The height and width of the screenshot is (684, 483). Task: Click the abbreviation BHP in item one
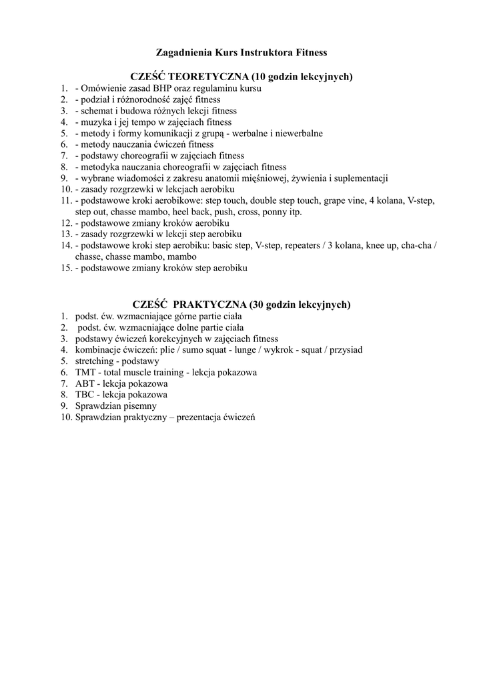(163, 88)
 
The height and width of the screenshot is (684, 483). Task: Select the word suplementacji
(356, 178)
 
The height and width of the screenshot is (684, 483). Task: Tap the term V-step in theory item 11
(421, 201)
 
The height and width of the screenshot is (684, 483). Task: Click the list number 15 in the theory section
(65, 269)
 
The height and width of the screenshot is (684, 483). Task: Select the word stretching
(95, 361)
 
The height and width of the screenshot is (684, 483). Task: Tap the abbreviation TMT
(86, 372)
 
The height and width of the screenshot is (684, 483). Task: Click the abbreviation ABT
(85, 383)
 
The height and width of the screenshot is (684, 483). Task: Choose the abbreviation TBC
(85, 395)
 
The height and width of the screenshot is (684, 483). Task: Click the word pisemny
(139, 406)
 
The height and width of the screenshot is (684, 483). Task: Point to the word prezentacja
(215, 417)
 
